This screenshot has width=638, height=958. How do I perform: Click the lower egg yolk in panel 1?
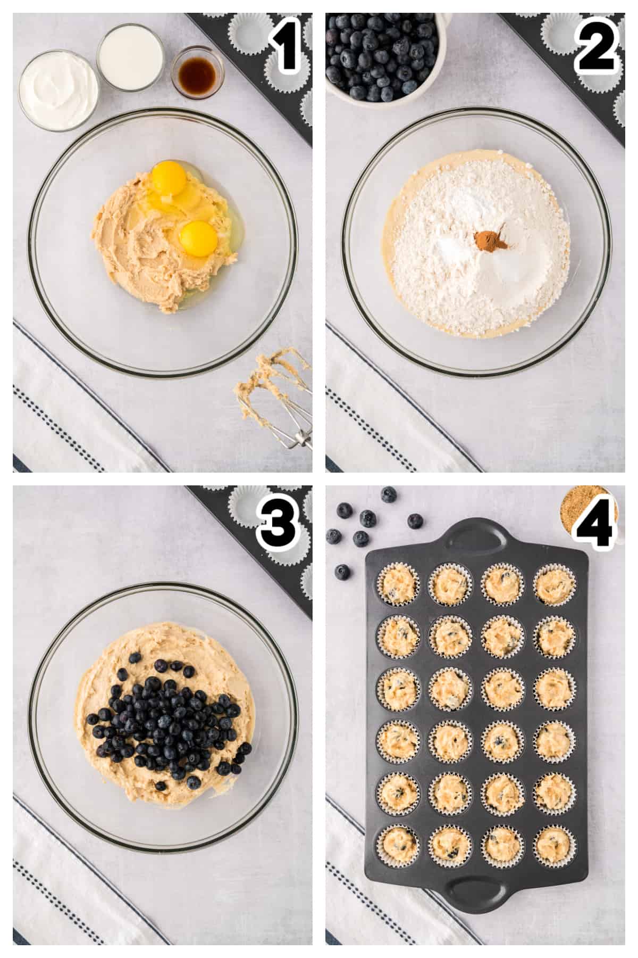198,240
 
